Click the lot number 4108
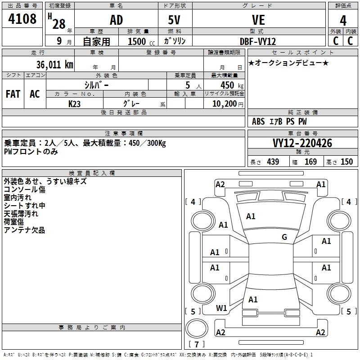click(x=22, y=18)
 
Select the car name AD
click(x=117, y=20)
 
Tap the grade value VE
click(x=258, y=20)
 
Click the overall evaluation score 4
click(x=343, y=21)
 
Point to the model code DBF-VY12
click(x=257, y=41)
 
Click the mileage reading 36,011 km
click(x=55, y=65)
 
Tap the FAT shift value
click(x=13, y=94)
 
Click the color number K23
click(x=74, y=104)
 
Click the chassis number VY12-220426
click(x=302, y=143)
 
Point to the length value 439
click(x=273, y=162)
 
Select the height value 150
click(x=346, y=162)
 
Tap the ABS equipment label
click(x=258, y=121)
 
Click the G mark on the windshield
click(x=284, y=237)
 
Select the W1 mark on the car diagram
click(x=221, y=308)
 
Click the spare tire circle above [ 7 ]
click(x=197, y=328)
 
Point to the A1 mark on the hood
click(x=251, y=216)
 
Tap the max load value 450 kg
click(x=232, y=85)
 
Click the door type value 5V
click(x=174, y=20)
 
